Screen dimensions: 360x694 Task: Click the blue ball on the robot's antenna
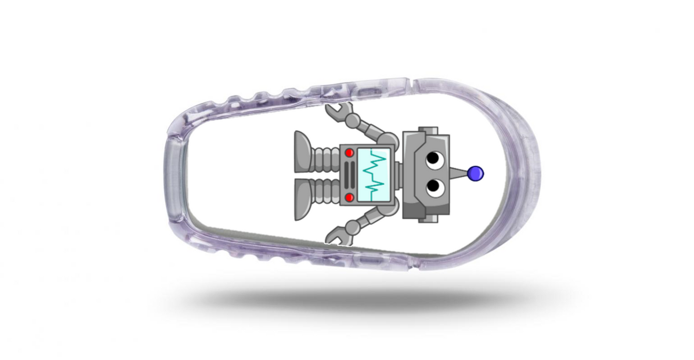[476, 173]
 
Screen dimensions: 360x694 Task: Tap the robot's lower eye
[433, 186]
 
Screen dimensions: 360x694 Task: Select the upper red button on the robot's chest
[350, 153]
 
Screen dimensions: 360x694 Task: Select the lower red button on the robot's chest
[350, 197]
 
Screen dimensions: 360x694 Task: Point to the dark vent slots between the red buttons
[350, 175]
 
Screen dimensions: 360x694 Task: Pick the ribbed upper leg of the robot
[326, 159]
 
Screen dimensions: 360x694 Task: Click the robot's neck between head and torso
[398, 175]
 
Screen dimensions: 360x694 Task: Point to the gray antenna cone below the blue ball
[460, 174]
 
